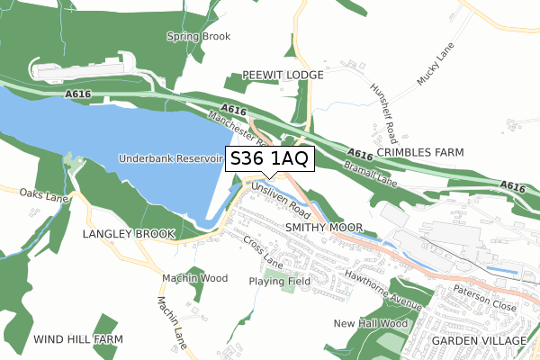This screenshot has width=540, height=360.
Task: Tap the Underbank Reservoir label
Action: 169,158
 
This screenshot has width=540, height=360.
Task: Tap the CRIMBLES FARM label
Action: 419,153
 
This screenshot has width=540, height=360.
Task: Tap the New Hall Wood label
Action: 370,323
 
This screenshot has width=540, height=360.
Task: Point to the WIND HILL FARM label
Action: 77,339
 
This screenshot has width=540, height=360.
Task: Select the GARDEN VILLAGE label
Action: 478,341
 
